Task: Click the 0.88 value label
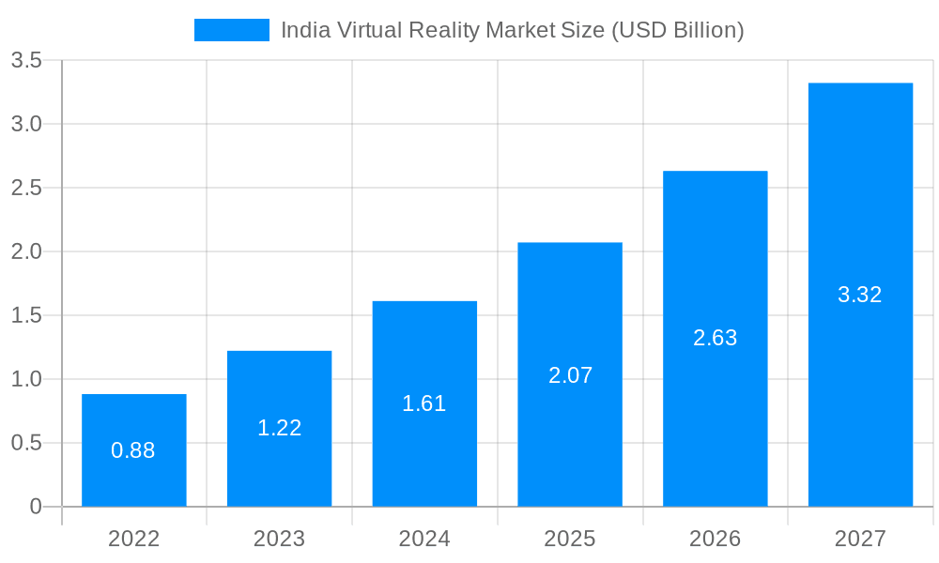(x=133, y=450)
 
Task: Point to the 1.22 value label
(x=280, y=428)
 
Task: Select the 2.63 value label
(x=716, y=338)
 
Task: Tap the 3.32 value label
(x=860, y=295)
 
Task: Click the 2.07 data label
(x=570, y=375)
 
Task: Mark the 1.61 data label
(x=424, y=403)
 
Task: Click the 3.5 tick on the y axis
(x=26, y=61)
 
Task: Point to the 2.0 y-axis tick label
(x=26, y=251)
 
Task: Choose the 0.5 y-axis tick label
(x=26, y=443)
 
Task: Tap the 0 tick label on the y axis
(x=36, y=507)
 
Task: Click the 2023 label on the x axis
(x=280, y=539)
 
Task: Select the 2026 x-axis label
(x=716, y=539)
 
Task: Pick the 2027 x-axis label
(x=860, y=539)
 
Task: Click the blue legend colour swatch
(x=232, y=30)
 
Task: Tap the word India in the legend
(x=303, y=30)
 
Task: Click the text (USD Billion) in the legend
(x=677, y=30)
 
